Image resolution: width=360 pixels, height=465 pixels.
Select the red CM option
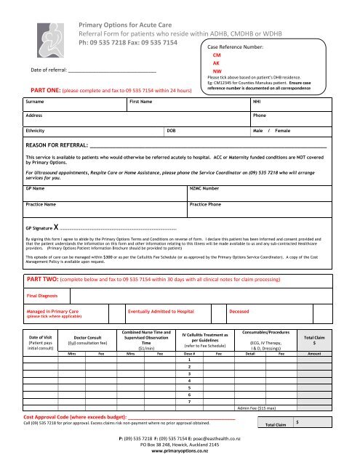click(215, 55)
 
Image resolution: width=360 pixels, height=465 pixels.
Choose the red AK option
click(215, 63)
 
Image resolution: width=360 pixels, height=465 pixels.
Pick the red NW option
click(216, 72)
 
